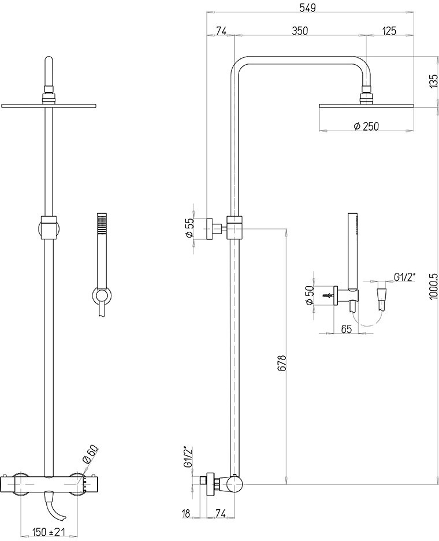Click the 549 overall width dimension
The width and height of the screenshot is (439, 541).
308,8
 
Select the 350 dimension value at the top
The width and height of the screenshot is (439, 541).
300,31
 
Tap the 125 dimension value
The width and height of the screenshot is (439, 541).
389,31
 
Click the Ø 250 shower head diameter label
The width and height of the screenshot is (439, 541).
366,126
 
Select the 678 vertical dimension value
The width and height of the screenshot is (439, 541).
282,362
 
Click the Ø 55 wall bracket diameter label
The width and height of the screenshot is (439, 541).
189,228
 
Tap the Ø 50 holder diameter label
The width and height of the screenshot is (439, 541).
309,295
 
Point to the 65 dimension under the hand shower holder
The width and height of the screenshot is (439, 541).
347,329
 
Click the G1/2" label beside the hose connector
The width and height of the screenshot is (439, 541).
405,277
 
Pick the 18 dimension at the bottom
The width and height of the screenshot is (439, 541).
186,513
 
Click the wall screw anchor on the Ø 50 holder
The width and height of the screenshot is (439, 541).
329,296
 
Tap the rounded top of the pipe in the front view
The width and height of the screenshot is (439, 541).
49,60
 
